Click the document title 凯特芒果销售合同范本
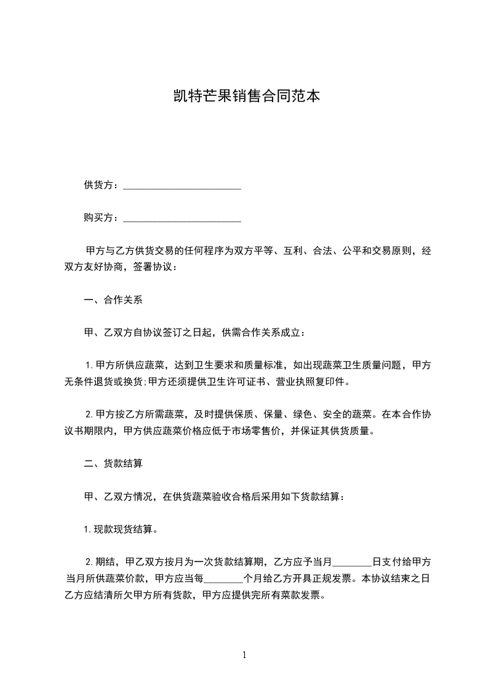245,97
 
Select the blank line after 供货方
182,187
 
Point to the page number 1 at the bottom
244,655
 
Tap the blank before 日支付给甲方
352,562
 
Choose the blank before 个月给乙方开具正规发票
223,579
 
